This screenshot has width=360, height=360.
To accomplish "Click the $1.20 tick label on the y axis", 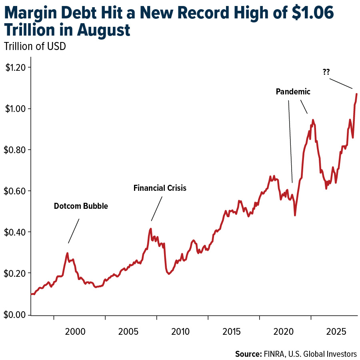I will click(15, 67).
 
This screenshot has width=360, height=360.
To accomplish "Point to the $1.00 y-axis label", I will click(15, 108).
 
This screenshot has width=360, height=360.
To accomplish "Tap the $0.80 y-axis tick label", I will click(15, 150).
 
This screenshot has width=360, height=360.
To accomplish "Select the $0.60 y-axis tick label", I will click(15, 191).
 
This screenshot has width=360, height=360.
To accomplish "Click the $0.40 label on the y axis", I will click(15, 232).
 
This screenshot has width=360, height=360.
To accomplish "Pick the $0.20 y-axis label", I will click(15, 273).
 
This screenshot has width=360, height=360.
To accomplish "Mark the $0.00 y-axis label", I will click(15, 314).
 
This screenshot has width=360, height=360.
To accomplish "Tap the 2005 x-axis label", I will click(128, 331).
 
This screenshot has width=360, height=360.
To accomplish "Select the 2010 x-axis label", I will click(180, 331).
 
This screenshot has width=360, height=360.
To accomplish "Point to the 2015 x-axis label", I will click(231, 331).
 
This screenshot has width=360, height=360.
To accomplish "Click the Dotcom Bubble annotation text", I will click(81, 206).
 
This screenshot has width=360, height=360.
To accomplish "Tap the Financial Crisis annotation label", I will click(160, 188).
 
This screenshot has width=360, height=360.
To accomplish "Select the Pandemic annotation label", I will click(293, 92).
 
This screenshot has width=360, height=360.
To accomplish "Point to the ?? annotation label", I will click(326, 72).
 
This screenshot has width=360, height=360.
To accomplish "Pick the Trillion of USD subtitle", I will click(35, 46).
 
